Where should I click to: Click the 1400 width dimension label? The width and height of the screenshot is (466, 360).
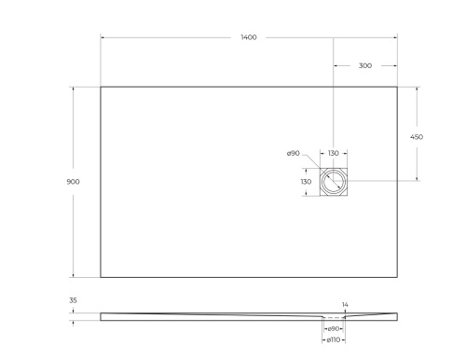249,37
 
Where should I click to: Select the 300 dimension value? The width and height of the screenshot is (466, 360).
364,66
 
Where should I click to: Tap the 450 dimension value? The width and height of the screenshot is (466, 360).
417,136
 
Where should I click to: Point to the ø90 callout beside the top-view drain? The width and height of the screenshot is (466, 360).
292,153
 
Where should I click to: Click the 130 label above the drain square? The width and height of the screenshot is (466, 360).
333,153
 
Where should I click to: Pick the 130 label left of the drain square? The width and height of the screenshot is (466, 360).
305,182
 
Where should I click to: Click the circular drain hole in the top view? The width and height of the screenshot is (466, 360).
333,182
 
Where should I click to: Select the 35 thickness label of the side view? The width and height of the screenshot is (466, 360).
72,301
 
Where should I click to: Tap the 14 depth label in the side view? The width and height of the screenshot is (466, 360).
345,305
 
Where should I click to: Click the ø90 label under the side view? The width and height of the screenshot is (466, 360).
333,329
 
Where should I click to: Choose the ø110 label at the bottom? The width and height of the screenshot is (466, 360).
333,340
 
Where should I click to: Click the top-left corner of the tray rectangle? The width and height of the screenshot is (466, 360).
101,87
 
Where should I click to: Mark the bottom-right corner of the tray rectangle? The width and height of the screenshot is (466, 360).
397,277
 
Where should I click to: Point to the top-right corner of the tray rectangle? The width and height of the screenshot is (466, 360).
397,87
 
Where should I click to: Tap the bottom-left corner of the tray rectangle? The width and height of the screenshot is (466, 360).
101,277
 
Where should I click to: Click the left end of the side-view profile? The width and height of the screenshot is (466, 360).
101,315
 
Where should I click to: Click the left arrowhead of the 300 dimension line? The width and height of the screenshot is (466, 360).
335,66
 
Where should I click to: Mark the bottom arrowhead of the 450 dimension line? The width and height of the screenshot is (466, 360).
417,179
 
